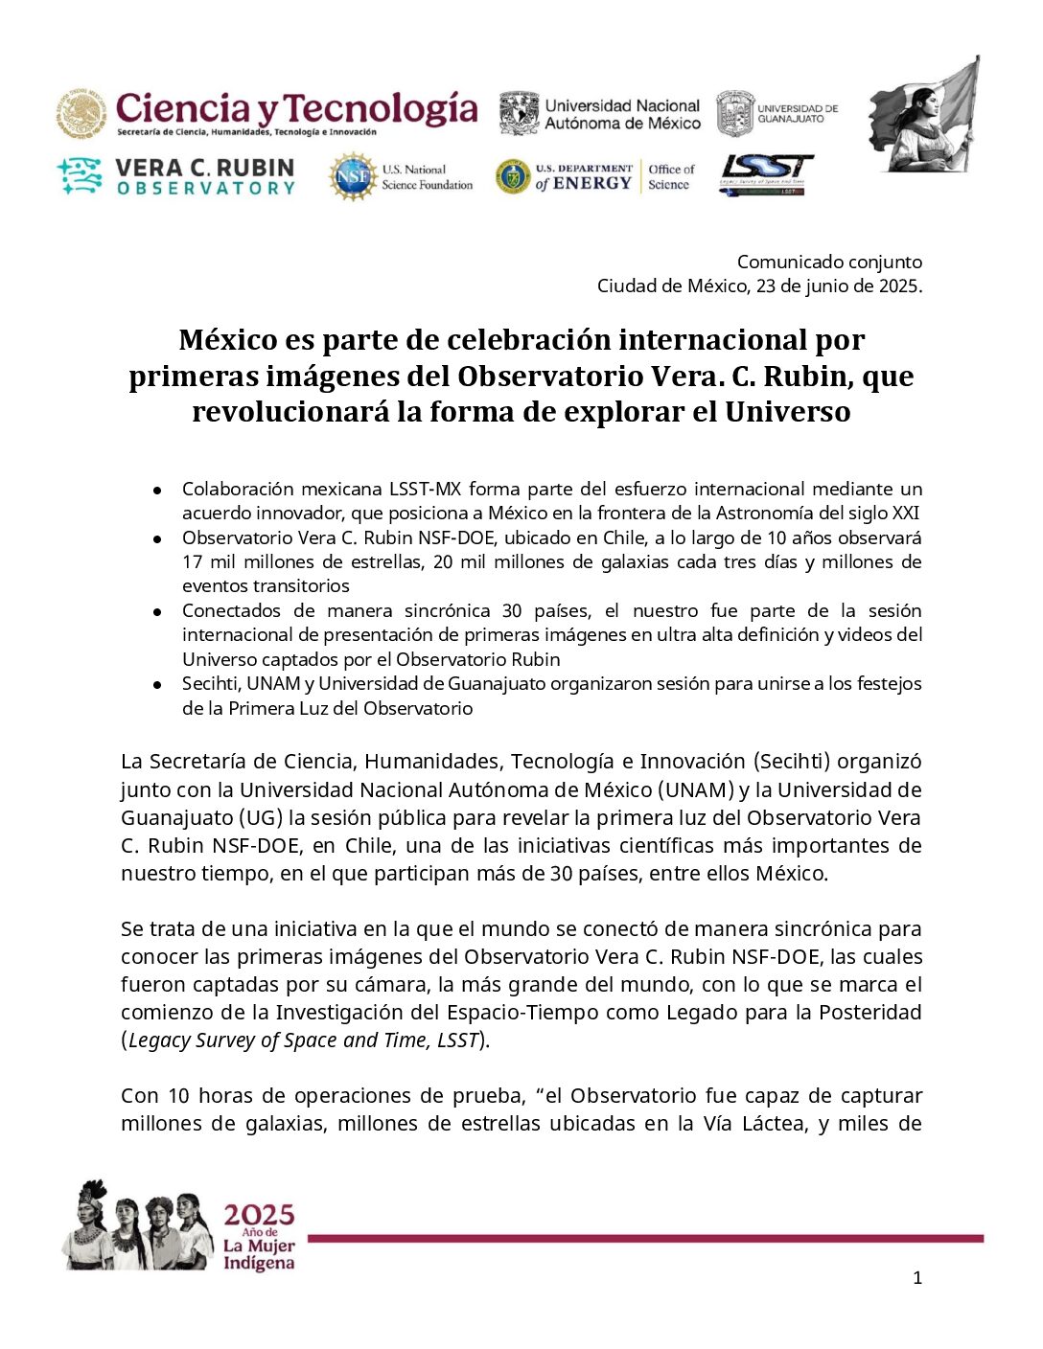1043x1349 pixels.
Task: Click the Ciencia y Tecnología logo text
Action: (x=296, y=109)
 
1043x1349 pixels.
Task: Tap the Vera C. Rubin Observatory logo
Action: (x=176, y=177)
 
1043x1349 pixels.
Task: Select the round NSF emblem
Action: (x=352, y=177)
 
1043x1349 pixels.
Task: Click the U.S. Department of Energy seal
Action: (x=513, y=177)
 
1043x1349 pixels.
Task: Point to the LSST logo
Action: (x=766, y=173)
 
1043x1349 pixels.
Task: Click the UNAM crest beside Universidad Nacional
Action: (x=519, y=114)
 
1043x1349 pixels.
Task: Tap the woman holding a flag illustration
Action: (x=924, y=115)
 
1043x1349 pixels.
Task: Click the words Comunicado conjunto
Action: (x=829, y=262)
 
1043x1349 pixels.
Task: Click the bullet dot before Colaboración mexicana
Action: (x=156, y=490)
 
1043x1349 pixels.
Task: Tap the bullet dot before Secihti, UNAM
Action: (x=156, y=684)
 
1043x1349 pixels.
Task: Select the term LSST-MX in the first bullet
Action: (x=425, y=489)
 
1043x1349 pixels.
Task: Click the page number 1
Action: (x=917, y=1277)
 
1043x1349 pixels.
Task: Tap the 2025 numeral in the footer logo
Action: (x=259, y=1216)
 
